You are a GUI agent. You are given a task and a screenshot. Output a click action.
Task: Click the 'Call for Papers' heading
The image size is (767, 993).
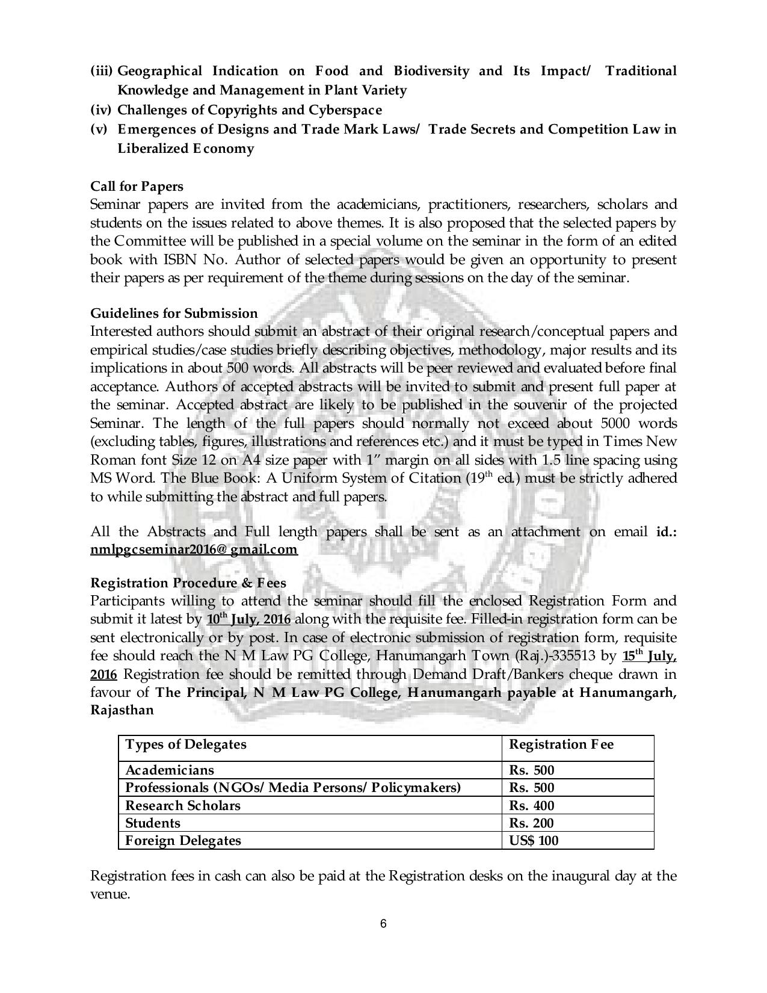click(x=137, y=186)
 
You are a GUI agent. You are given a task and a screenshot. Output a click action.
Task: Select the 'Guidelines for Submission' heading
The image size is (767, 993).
click(x=174, y=313)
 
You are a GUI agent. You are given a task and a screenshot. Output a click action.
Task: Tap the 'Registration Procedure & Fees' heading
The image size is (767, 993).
click(x=188, y=583)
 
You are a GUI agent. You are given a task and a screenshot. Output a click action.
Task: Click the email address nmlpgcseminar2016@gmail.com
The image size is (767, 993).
click(x=194, y=549)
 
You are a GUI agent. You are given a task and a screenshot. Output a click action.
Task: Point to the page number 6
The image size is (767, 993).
click(x=383, y=924)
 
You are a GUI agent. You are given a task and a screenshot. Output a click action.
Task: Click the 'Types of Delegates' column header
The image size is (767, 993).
click(x=186, y=744)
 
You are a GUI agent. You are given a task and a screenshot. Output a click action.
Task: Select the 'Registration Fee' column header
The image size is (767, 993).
click(x=561, y=744)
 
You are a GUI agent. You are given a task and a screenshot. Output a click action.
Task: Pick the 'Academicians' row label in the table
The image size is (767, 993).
click(x=170, y=770)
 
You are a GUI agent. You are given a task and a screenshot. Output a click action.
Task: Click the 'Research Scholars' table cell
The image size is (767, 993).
click(x=182, y=805)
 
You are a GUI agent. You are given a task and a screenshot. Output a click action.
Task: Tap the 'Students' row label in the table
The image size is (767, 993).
click(x=153, y=823)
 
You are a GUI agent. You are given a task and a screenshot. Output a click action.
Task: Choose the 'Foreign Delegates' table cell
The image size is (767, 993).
click(x=183, y=840)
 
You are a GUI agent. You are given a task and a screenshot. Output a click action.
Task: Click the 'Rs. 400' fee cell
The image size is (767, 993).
click(x=532, y=805)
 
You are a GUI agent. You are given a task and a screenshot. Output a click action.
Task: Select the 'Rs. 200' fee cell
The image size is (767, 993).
click(x=532, y=823)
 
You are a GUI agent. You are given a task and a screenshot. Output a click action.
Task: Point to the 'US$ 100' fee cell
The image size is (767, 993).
click(x=534, y=840)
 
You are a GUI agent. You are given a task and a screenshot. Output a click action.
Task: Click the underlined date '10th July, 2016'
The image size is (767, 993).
click(x=248, y=619)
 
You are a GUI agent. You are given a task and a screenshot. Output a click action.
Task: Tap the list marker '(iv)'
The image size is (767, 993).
click(x=101, y=110)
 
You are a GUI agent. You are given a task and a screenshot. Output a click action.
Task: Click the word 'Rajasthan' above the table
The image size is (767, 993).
click(x=122, y=710)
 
